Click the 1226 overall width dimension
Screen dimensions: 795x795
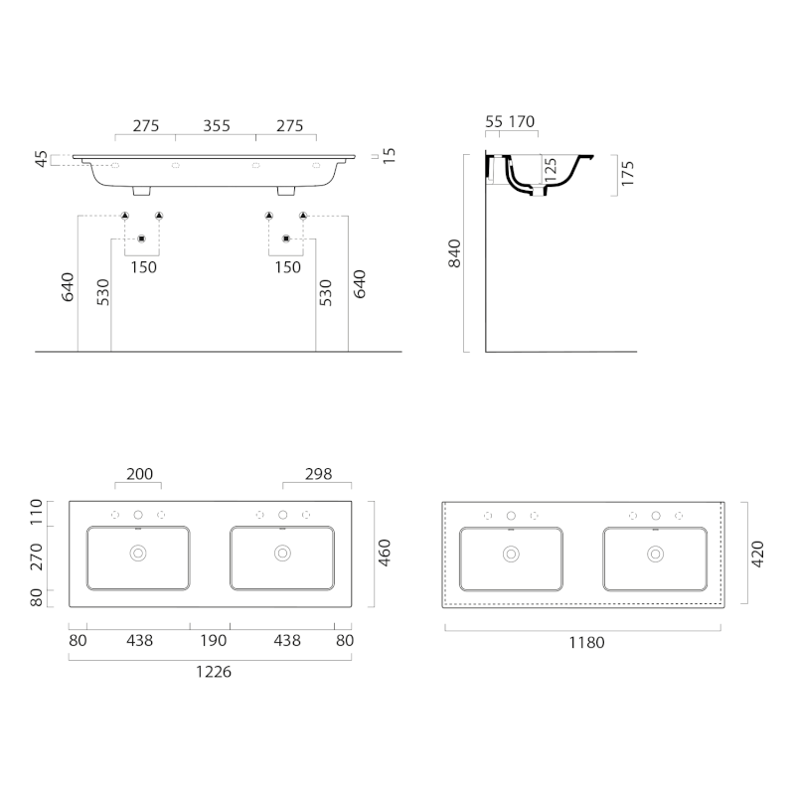click(214, 672)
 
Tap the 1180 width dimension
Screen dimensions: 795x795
click(586, 643)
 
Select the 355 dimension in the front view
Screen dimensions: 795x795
click(217, 126)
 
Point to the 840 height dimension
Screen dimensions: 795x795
click(454, 253)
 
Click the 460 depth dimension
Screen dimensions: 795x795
click(385, 554)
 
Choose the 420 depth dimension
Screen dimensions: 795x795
click(757, 555)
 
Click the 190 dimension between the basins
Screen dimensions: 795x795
click(213, 641)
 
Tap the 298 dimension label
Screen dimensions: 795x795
click(318, 474)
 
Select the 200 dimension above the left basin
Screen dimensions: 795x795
click(139, 474)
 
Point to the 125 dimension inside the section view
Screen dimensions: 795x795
click(551, 170)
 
